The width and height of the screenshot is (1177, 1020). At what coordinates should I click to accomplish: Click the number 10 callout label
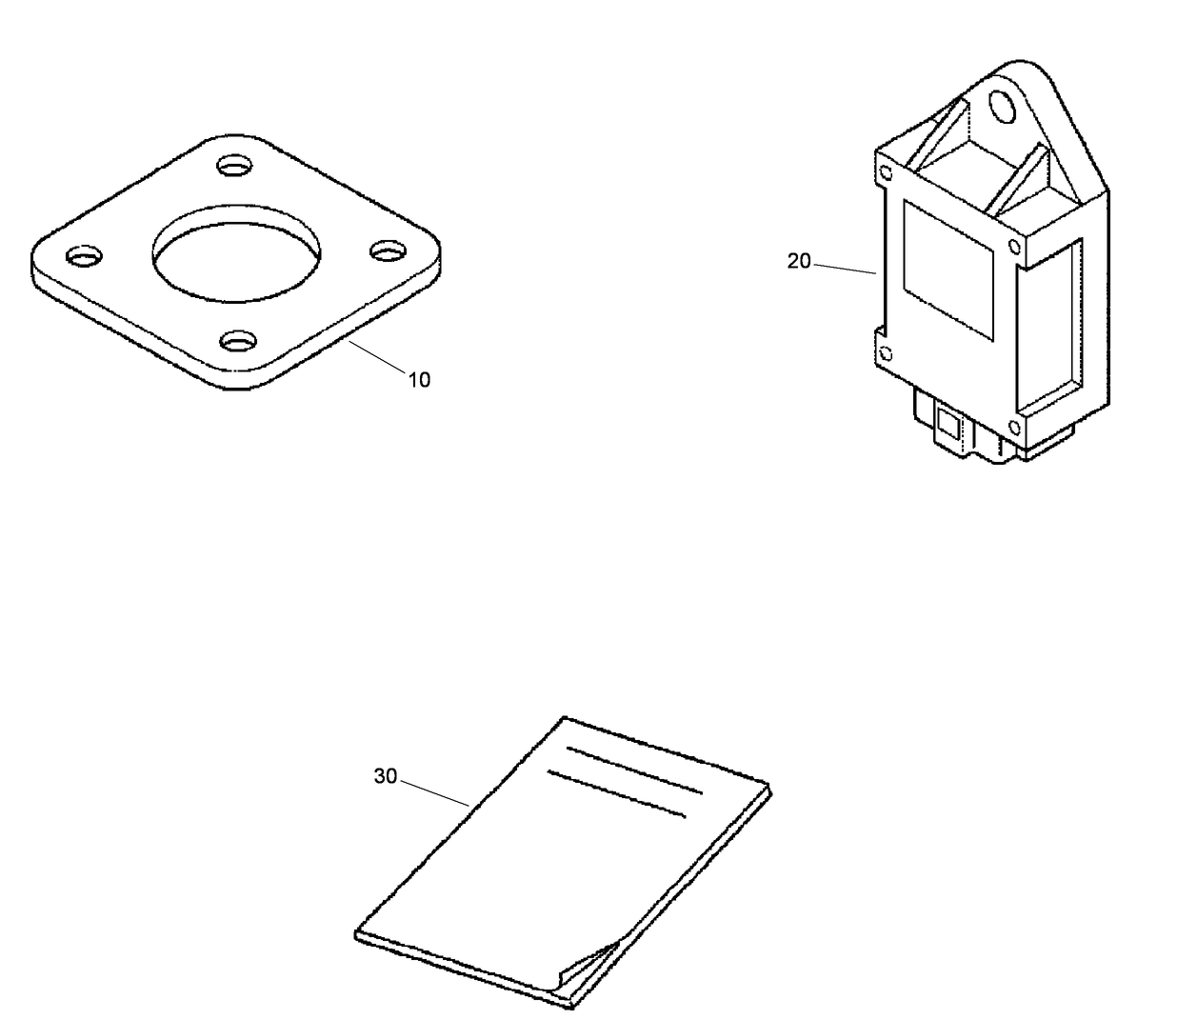(419, 380)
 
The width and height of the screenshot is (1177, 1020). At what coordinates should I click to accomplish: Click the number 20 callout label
(798, 261)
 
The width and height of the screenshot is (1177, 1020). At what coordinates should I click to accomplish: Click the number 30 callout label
(385, 776)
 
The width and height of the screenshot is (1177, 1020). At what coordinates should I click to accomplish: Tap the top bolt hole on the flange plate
(233, 167)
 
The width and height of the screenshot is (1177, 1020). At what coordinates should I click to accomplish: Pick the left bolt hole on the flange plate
(84, 256)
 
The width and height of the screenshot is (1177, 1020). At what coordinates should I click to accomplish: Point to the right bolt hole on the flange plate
(387, 250)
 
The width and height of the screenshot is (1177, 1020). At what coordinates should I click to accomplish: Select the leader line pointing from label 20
(845, 268)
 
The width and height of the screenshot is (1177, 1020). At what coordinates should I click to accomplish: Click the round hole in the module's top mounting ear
(1003, 107)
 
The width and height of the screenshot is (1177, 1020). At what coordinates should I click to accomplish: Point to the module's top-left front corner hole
(887, 174)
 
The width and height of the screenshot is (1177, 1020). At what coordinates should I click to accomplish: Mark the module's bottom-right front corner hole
(1013, 426)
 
